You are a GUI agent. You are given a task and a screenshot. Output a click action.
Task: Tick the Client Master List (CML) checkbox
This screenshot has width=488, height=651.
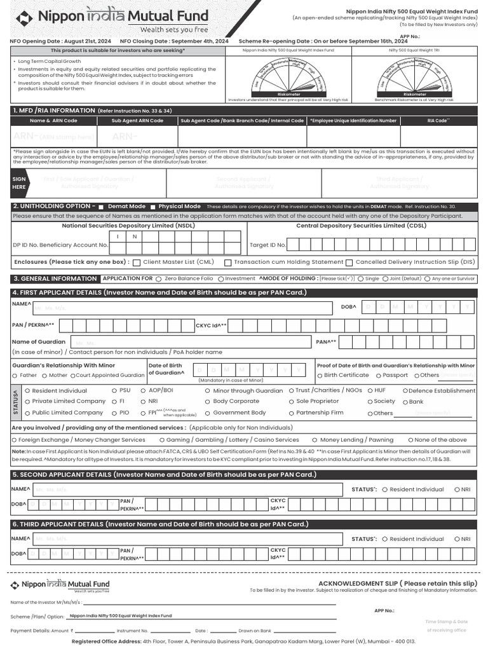[136, 262]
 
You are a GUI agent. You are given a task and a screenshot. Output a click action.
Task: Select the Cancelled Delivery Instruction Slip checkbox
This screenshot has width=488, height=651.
[349, 262]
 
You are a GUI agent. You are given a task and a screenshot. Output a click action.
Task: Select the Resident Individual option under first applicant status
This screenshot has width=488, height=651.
[27, 391]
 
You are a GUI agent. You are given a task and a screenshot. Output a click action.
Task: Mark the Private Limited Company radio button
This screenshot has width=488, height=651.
[27, 402]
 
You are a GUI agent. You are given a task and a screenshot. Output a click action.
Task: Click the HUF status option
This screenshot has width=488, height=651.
[370, 391]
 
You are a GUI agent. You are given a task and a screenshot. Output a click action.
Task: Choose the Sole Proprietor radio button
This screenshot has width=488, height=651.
[291, 402]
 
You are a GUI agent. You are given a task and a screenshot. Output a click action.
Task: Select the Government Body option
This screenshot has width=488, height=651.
[208, 413]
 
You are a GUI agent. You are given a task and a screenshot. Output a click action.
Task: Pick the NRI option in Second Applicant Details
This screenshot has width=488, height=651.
[456, 490]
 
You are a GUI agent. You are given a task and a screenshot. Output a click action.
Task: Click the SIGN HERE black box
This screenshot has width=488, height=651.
[19, 183]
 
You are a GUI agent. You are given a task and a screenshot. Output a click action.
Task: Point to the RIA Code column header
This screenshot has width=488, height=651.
[438, 120]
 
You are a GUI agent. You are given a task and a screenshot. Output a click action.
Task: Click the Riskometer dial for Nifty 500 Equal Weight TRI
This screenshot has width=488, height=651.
[414, 76]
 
